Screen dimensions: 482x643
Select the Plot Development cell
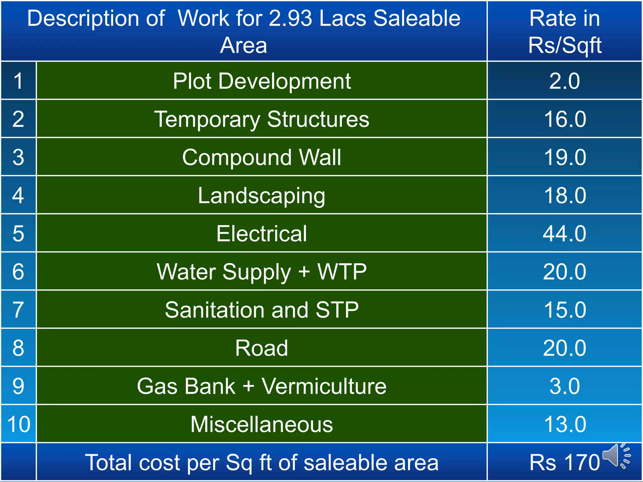point(262,81)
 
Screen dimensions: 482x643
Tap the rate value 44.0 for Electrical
point(565,233)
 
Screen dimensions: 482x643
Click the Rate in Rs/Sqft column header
point(565,31)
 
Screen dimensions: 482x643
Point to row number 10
point(19,424)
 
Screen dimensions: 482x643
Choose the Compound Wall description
point(262,157)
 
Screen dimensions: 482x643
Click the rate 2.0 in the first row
point(565,81)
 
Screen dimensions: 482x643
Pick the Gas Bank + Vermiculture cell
point(262,386)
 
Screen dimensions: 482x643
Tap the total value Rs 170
point(565,463)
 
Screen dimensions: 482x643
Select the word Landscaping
point(262,195)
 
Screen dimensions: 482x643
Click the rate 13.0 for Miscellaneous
point(565,424)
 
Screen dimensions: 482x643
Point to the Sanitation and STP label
point(262,310)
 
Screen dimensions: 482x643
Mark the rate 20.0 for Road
point(565,348)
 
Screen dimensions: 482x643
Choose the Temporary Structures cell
point(262,119)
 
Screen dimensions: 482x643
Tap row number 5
point(19,233)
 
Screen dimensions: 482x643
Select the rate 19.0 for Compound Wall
point(565,157)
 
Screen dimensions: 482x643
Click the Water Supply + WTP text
point(262,272)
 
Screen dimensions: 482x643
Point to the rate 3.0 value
point(565,386)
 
